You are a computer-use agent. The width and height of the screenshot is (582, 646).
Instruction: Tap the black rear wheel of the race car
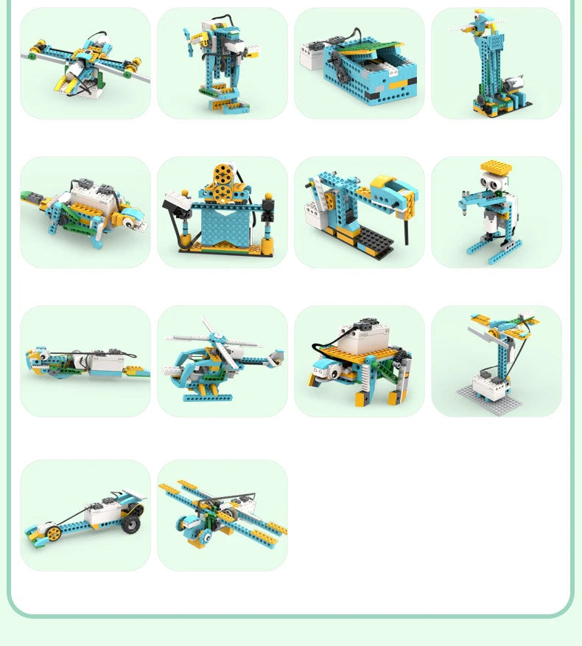[x=131, y=523]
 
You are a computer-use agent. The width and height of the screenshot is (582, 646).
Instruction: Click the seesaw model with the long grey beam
[x=85, y=63]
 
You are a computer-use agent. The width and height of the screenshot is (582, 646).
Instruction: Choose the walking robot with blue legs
[x=222, y=63]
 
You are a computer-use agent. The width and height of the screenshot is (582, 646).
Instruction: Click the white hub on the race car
[x=103, y=513]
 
